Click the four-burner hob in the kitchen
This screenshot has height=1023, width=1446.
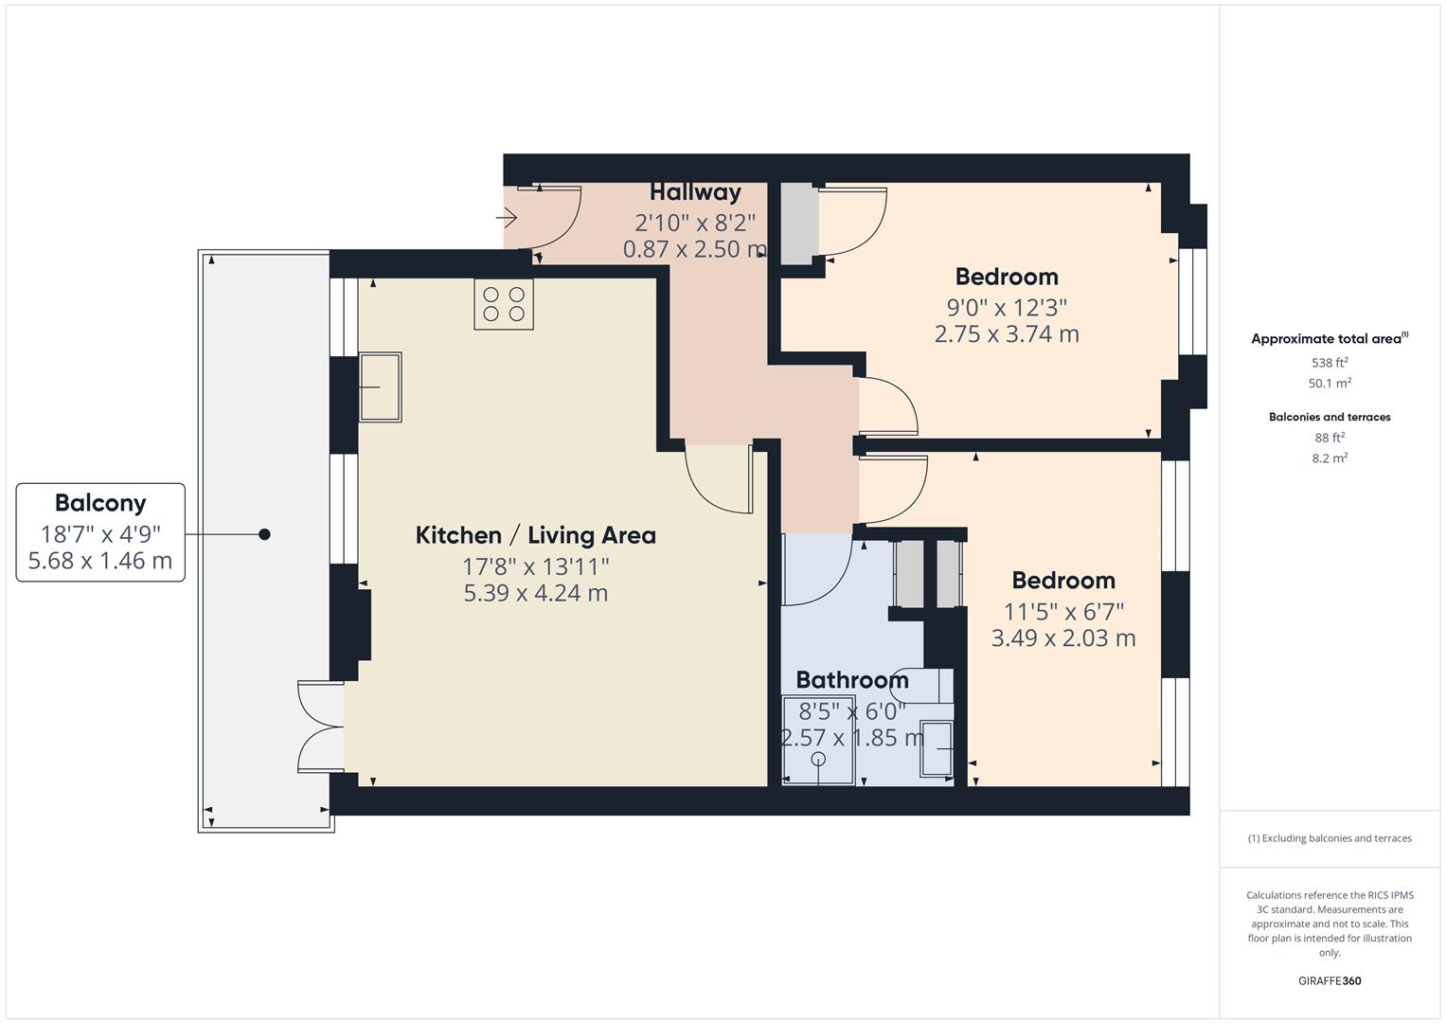tap(504, 304)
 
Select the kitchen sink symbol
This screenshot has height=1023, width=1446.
tap(380, 386)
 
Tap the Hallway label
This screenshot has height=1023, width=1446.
tap(695, 192)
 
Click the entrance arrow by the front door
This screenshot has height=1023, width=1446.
tap(507, 219)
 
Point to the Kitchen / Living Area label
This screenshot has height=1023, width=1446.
tap(535, 535)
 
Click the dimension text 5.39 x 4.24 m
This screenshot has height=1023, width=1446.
tap(535, 593)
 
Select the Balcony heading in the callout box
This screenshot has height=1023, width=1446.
tap(100, 503)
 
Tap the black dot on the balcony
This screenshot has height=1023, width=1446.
tap(265, 534)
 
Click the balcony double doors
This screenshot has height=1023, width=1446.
tap(320, 727)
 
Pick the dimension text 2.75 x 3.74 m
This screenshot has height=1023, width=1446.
tap(1007, 334)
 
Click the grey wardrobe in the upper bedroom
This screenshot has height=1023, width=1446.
tap(797, 223)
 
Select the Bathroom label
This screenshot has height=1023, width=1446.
tap(851, 680)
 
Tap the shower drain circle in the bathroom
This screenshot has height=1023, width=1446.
tap(818, 760)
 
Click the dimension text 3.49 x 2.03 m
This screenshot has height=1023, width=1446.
tap(1062, 638)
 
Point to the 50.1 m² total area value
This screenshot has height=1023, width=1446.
tap(1329, 384)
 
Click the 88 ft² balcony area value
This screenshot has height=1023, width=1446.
tap(1329, 438)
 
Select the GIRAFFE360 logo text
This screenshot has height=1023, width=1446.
tap(1329, 981)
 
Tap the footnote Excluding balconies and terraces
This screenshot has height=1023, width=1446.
tap(1329, 838)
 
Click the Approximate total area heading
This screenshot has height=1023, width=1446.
tap(1328, 339)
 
